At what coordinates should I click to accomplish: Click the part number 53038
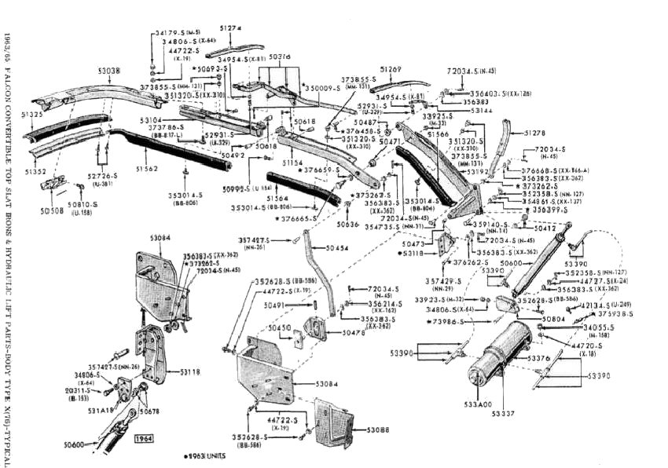click(x=109, y=71)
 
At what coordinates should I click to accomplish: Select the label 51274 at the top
click(x=230, y=29)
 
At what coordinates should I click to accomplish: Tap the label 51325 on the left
click(x=33, y=115)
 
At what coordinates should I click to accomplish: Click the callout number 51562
click(x=146, y=169)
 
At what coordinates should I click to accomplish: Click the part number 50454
click(x=337, y=248)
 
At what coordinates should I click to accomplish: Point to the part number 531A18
click(x=100, y=409)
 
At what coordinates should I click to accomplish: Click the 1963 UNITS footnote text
click(x=205, y=456)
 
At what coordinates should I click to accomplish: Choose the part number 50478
click(x=353, y=333)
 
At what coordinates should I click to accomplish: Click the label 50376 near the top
click(x=279, y=57)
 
